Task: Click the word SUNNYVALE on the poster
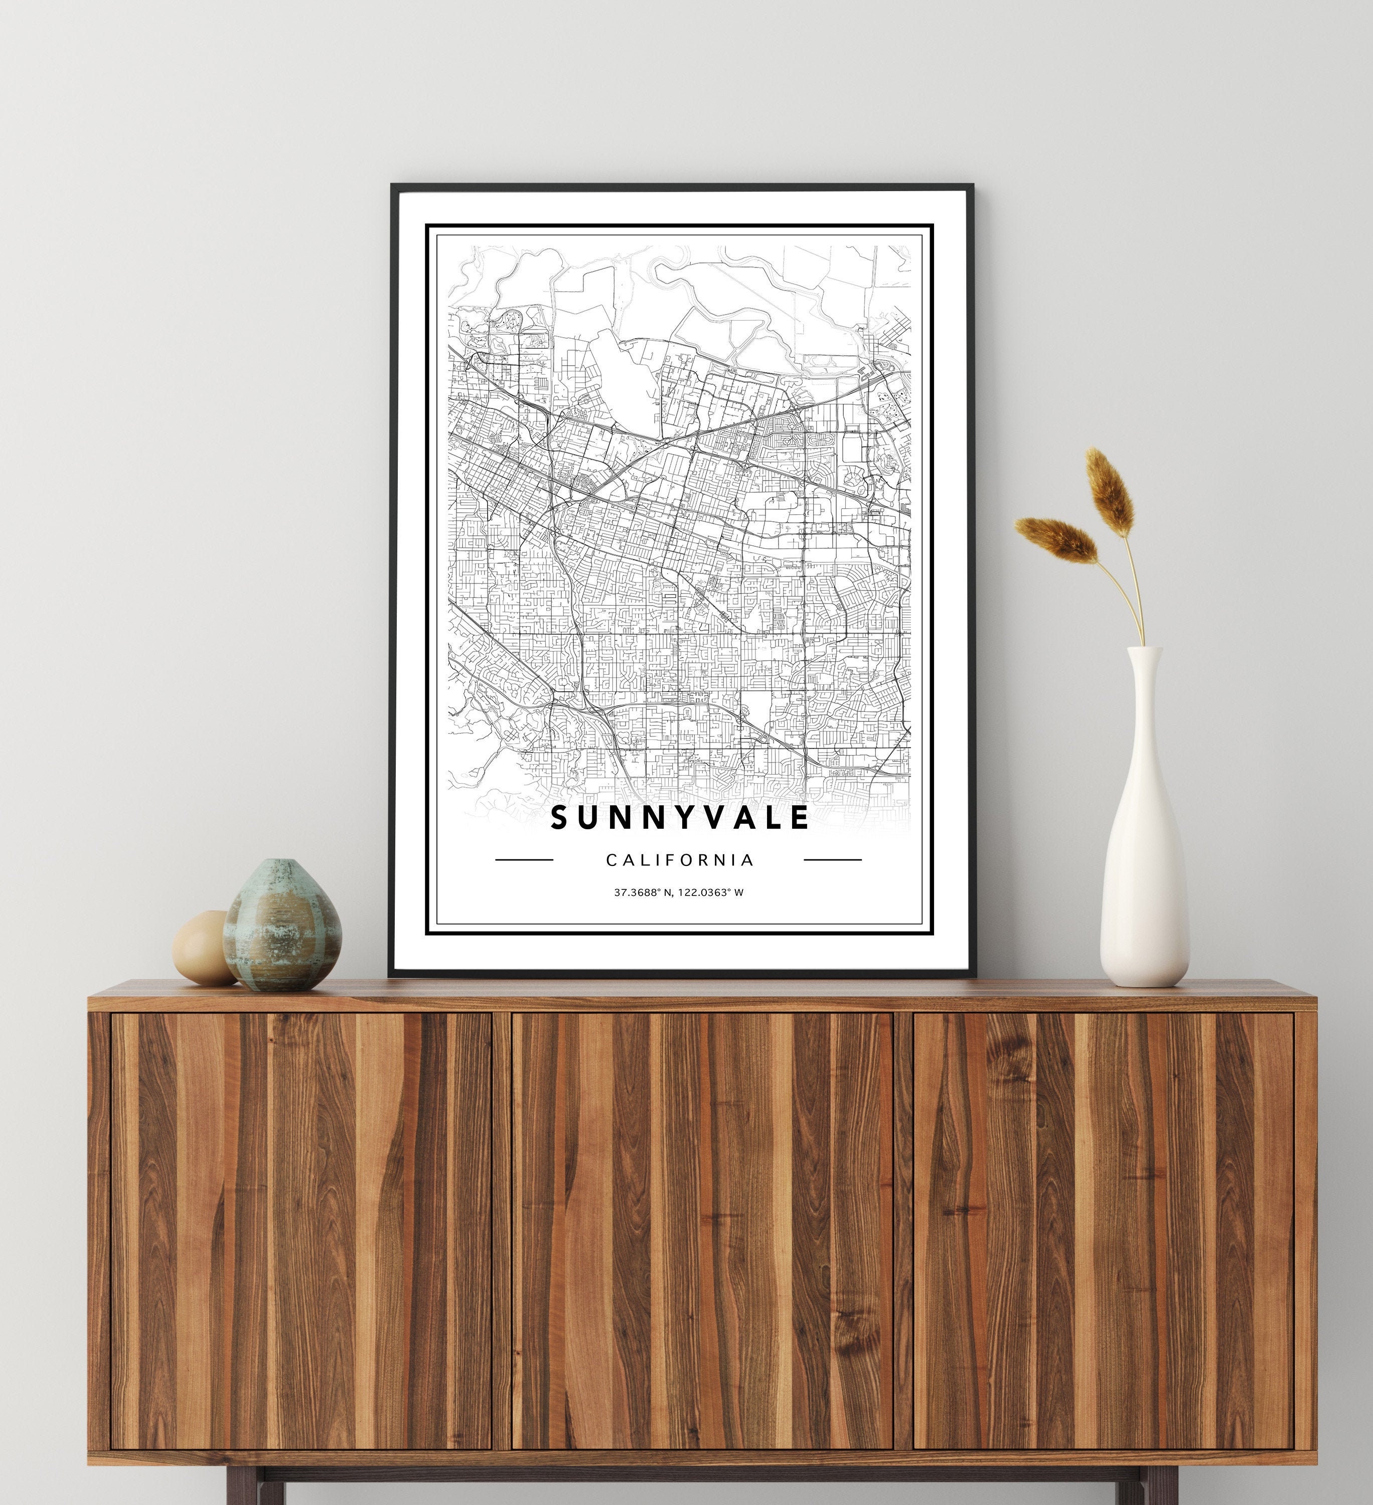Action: (x=679, y=817)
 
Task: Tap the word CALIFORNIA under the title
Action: (x=679, y=860)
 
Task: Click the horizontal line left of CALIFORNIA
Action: (x=524, y=859)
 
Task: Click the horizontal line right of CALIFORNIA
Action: (x=832, y=859)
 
